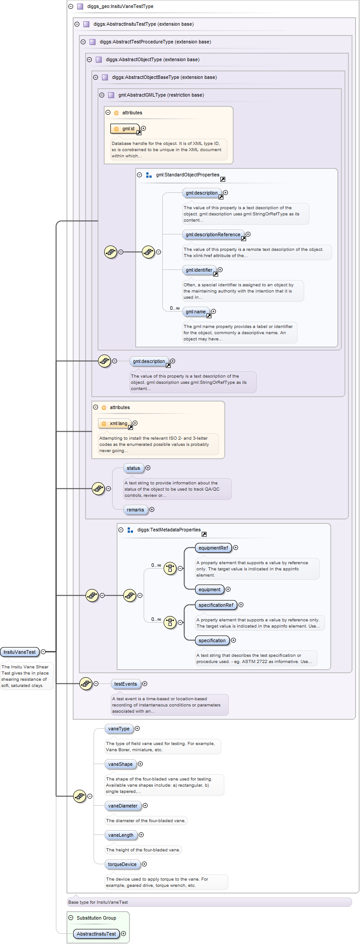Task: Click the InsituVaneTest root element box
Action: coord(20,652)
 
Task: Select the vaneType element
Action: coord(119,729)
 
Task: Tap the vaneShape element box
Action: coord(120,764)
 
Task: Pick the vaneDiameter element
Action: coord(123,806)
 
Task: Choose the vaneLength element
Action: coord(121,835)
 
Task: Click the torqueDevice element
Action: coord(122,864)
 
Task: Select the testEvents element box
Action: coord(125,684)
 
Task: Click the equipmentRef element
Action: coord(213,548)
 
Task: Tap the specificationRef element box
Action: coord(216,605)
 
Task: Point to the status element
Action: coord(133,468)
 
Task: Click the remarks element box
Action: coord(135,510)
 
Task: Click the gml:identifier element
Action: coord(199,270)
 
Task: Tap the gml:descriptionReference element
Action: coord(213,234)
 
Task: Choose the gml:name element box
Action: coord(196,312)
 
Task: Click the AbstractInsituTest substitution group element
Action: coord(96,934)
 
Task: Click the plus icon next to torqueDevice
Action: coord(144,864)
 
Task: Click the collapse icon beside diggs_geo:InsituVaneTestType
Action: coord(70,7)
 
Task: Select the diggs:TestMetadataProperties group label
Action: coord(169,530)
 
